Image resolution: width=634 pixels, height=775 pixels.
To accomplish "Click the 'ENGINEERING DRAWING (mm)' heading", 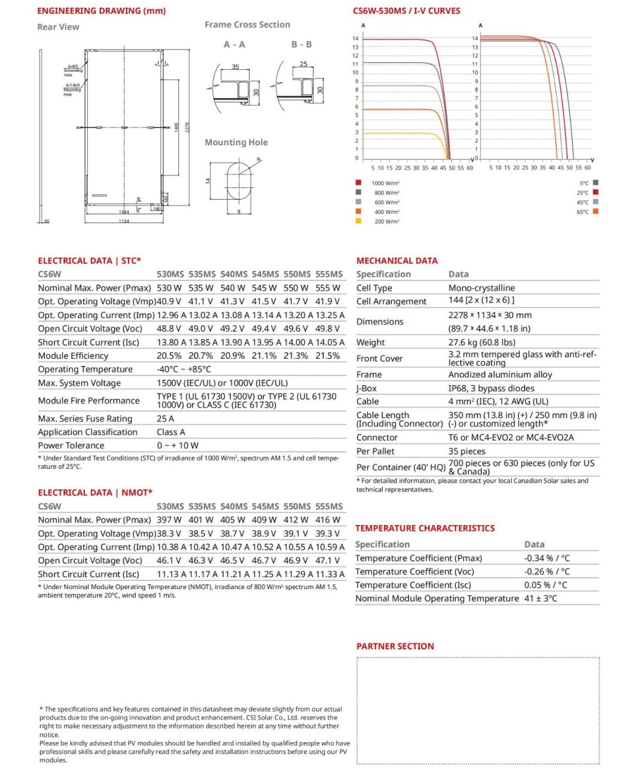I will point(101,11).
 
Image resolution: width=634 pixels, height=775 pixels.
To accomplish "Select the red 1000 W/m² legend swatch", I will point(358,183).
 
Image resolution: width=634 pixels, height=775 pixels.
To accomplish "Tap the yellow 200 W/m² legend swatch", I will point(358,221).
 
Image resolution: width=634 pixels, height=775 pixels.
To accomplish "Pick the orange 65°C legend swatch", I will point(595,212).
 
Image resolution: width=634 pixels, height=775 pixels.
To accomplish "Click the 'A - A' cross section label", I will point(234,45).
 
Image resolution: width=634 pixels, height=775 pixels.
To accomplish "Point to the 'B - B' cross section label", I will point(301,45).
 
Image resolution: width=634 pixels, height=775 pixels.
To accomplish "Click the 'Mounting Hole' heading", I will point(236,142).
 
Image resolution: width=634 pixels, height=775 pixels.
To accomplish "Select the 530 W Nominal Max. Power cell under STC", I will point(169,288).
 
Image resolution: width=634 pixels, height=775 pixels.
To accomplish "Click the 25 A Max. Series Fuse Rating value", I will point(165,419).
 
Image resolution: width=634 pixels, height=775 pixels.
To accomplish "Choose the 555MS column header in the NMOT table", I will point(329,507).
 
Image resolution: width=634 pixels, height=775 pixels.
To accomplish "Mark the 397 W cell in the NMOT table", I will point(169,520).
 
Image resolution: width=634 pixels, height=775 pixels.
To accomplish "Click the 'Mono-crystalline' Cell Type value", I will point(481,288).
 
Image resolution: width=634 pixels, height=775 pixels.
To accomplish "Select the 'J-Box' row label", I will point(367,389).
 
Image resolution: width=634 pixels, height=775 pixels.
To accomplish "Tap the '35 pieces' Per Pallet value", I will point(467,451).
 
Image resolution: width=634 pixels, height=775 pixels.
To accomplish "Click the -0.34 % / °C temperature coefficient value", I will point(547,559).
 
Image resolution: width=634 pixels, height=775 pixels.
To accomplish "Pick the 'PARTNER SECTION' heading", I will point(395,646).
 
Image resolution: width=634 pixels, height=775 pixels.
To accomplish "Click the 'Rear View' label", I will point(58,27).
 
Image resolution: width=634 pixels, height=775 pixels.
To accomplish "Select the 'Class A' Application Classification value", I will point(171,432).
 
